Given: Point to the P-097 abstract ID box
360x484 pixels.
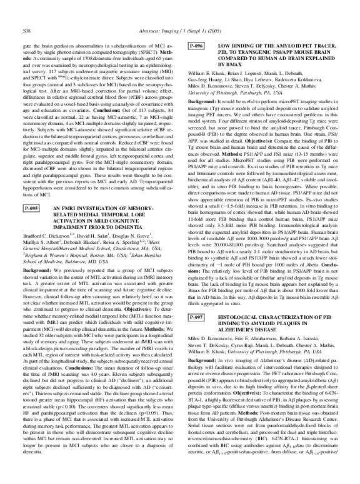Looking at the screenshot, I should (x=198, y=318).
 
